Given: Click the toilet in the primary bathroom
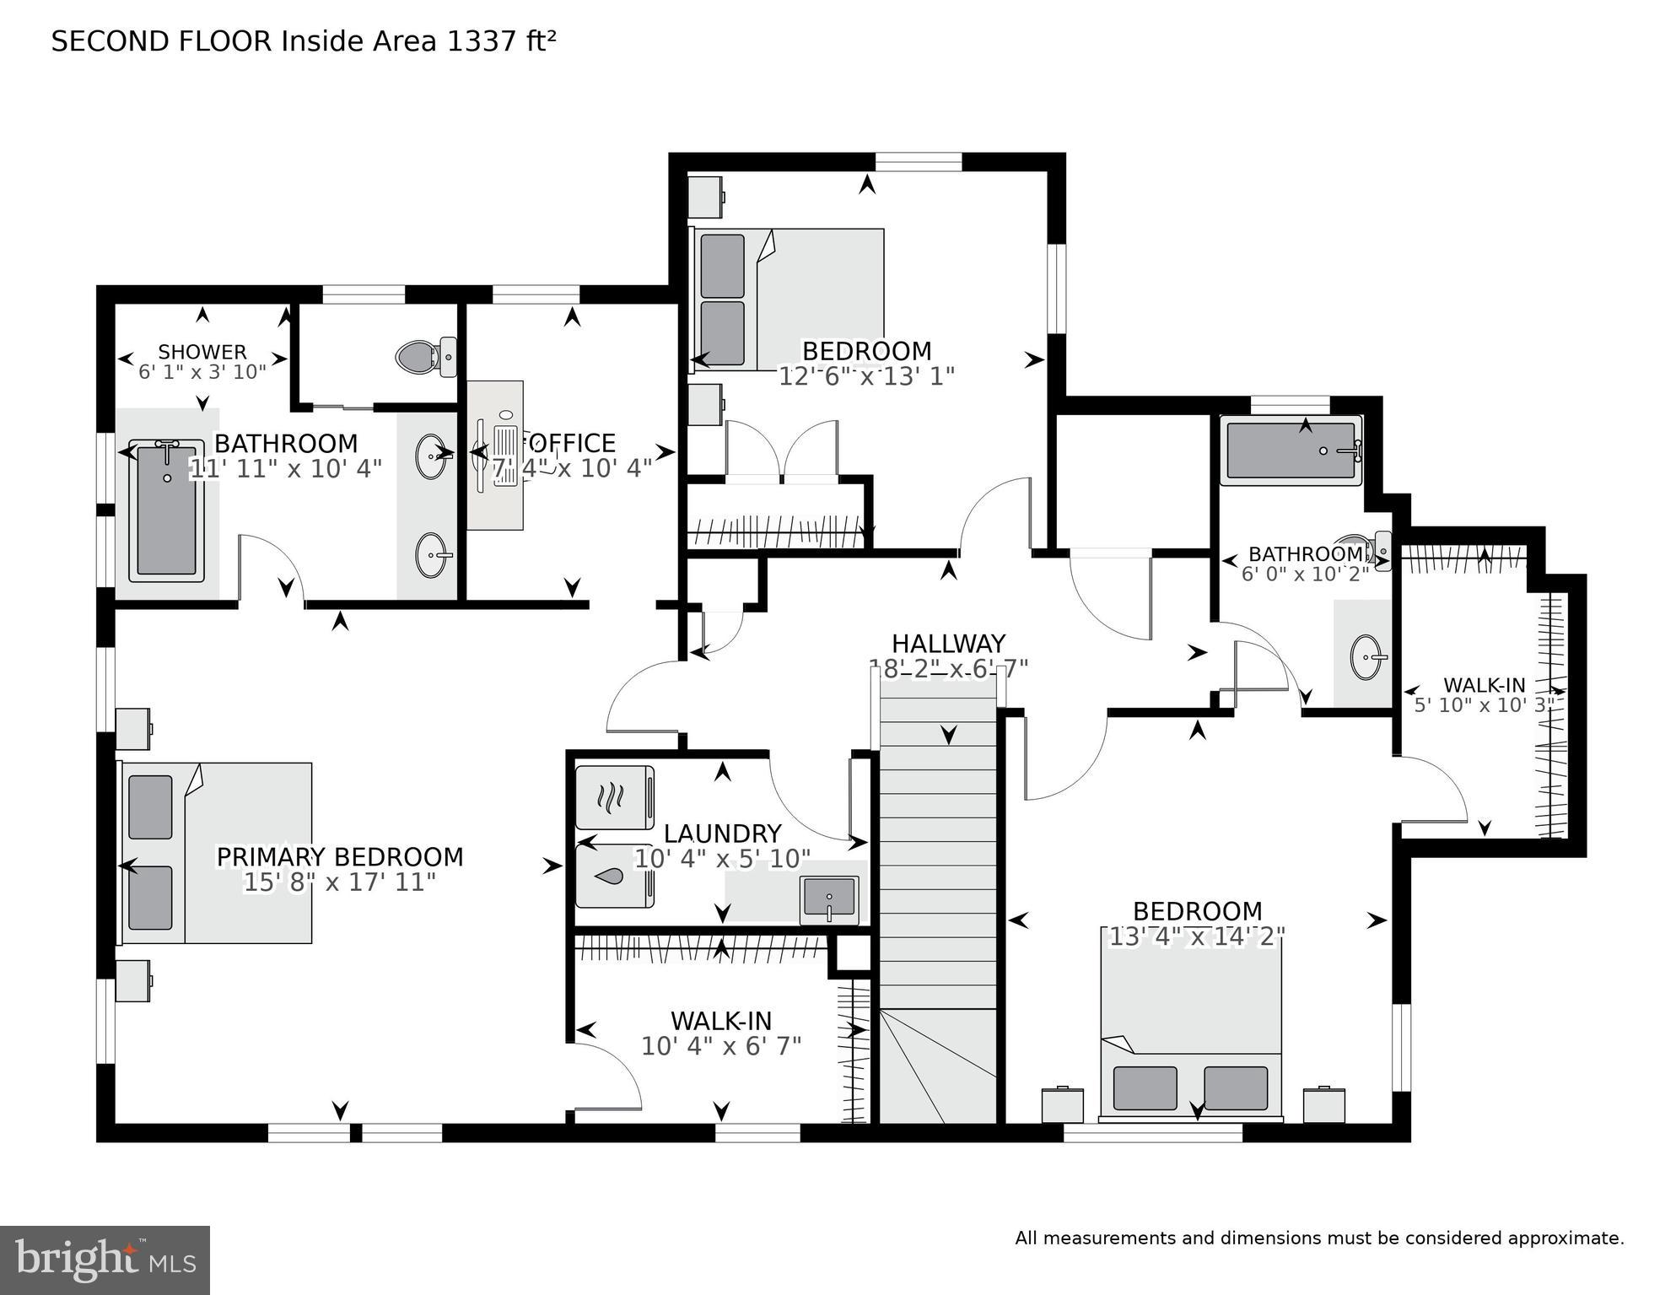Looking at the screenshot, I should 426,358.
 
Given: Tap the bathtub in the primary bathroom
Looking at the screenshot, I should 166,510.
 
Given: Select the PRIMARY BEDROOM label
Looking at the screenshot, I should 340,857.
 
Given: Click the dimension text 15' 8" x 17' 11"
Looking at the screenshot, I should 340,882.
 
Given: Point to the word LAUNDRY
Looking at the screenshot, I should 722,834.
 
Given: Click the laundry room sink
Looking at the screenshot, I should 829,899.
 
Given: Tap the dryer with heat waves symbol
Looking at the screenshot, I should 614,796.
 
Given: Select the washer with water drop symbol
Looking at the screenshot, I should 614,877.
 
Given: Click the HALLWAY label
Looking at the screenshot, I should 948,644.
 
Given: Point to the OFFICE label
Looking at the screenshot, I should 571,443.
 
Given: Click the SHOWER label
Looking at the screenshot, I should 202,352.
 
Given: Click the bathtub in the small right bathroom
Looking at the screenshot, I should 1291,453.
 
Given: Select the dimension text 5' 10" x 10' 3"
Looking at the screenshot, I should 1484,705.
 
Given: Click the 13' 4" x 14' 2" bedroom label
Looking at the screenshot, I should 1197,911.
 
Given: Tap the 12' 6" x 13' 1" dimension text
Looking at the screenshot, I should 866,376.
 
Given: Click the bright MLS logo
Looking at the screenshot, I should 105,1260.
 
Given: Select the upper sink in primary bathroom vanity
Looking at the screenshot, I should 432,456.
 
